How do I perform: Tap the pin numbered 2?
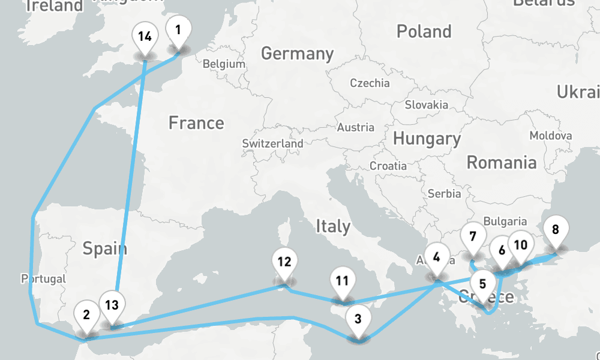[87, 315]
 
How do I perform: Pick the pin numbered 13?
[112, 305]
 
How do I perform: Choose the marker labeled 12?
[284, 262]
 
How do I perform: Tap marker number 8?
[555, 230]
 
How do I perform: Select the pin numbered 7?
[473, 237]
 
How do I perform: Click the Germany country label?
[297, 53]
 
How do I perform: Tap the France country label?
[196, 123]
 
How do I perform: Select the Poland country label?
[424, 31]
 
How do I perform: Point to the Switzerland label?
[272, 144]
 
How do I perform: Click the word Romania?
[502, 162]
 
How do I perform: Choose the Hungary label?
[427, 139]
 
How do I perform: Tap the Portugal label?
[43, 279]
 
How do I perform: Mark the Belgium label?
[224, 64]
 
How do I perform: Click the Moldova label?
[550, 136]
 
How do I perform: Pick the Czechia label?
[370, 83]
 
